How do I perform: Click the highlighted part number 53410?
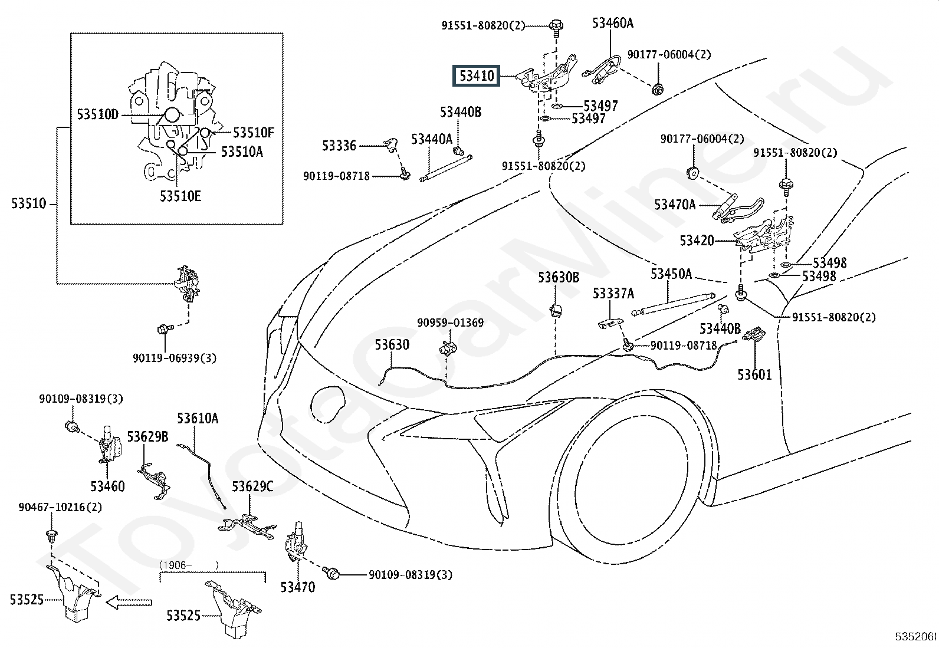tap(477, 75)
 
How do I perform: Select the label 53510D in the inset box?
tap(98, 114)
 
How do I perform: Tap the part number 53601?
tap(754, 374)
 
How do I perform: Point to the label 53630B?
tap(558, 277)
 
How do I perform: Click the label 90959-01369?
tap(450, 323)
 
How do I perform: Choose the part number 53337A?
tap(613, 293)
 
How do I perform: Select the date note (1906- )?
tap(189, 564)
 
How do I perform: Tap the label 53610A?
tap(198, 419)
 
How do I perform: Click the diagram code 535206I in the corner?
tap(915, 637)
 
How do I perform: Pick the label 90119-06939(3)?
tap(175, 358)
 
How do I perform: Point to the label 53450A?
tap(671, 274)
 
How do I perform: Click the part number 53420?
tap(697, 241)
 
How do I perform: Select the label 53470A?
tap(675, 205)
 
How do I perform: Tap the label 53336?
tap(339, 145)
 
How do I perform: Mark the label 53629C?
tap(252, 486)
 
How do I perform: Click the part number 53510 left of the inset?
tap(28, 204)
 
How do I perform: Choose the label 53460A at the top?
tap(613, 23)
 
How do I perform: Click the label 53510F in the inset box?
tap(254, 133)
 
